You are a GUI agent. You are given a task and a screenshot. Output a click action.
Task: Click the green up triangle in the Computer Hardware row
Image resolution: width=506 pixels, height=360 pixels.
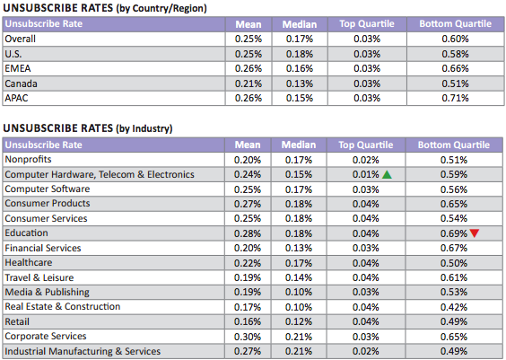(x=387, y=175)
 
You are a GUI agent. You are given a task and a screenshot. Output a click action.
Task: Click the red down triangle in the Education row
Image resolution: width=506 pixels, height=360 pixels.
(x=475, y=233)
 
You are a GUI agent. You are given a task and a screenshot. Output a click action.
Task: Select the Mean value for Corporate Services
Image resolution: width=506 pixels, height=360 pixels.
(x=248, y=337)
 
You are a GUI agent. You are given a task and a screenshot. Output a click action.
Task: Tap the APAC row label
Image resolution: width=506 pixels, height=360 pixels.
(x=16, y=98)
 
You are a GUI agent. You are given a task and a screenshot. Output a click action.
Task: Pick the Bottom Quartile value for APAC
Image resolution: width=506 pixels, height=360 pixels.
(x=455, y=98)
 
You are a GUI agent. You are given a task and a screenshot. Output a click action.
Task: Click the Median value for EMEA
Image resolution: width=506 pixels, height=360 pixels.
(x=300, y=69)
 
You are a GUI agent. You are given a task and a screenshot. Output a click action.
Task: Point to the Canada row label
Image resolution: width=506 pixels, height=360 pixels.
(x=21, y=83)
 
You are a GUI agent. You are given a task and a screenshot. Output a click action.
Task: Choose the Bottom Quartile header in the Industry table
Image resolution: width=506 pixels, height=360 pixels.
(x=454, y=145)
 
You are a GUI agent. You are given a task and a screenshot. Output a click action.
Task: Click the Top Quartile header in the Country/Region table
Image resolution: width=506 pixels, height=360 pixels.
(x=367, y=24)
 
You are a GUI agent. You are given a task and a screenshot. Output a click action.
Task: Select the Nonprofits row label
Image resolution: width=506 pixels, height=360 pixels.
(x=28, y=160)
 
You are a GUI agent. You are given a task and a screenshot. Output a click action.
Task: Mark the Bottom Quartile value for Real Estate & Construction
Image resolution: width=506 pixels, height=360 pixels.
(x=454, y=307)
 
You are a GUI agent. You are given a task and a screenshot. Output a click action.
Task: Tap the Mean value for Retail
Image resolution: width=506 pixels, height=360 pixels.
(x=248, y=321)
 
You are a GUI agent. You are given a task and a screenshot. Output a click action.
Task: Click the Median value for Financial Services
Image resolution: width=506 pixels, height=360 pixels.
(x=299, y=248)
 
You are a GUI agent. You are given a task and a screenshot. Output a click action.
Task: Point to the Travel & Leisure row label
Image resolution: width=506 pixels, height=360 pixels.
(x=39, y=277)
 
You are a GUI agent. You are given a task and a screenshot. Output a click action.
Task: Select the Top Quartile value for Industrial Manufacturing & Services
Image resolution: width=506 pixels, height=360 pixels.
(x=366, y=351)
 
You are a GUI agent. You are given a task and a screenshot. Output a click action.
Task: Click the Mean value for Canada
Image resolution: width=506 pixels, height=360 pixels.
(x=249, y=83)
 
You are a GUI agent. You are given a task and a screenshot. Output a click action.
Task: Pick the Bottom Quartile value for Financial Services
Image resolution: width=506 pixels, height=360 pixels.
(x=454, y=248)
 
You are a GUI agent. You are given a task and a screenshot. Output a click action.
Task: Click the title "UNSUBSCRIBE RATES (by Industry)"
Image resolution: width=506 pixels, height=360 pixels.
(x=88, y=128)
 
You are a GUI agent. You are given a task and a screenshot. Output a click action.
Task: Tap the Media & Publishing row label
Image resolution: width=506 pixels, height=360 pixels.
(x=48, y=292)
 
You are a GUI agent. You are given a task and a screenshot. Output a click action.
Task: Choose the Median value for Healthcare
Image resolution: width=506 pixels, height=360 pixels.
(x=299, y=263)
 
